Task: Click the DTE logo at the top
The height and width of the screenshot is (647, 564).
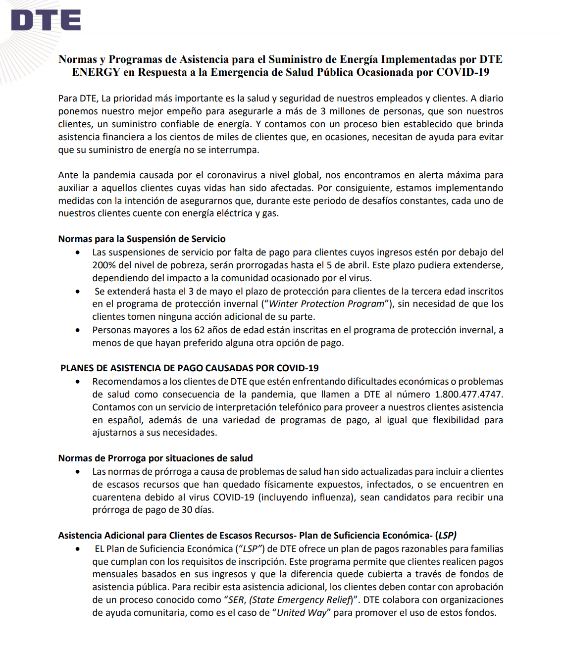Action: pyautogui.click(x=46, y=21)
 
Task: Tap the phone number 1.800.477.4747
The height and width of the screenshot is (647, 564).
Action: pyautogui.click(x=468, y=395)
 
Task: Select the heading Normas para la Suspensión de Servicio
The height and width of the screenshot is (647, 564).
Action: pyautogui.click(x=142, y=239)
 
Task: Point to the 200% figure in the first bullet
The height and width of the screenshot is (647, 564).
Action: pyautogui.click(x=103, y=265)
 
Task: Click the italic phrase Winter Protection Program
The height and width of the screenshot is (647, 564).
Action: pyautogui.click(x=327, y=304)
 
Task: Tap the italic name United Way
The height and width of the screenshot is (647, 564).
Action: pyautogui.click(x=302, y=613)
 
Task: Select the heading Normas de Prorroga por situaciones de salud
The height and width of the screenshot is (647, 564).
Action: pyautogui.click(x=155, y=458)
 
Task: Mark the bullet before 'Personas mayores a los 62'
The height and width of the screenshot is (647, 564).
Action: pyautogui.click(x=78, y=330)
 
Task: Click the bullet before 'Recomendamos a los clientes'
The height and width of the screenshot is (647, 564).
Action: pyautogui.click(x=78, y=382)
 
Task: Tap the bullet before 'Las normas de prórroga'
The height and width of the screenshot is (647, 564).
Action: pyautogui.click(x=78, y=472)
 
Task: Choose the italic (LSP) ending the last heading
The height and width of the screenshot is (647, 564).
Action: pyautogui.click(x=446, y=536)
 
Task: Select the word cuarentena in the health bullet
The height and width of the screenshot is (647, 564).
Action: pyautogui.click(x=116, y=498)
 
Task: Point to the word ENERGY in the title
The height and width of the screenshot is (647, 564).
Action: pyautogui.click(x=96, y=72)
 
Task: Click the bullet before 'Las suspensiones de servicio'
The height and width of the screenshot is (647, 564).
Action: pyautogui.click(x=78, y=252)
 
